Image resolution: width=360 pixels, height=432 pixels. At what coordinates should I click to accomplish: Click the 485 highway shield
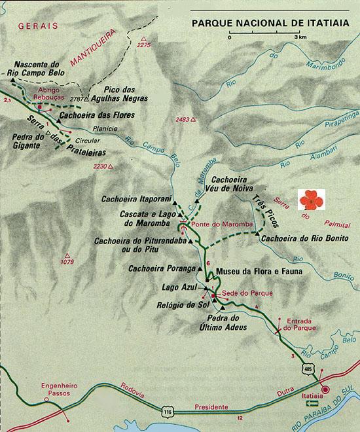tap(308, 372)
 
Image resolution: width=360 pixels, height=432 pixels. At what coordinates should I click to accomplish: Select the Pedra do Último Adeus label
tap(226, 322)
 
